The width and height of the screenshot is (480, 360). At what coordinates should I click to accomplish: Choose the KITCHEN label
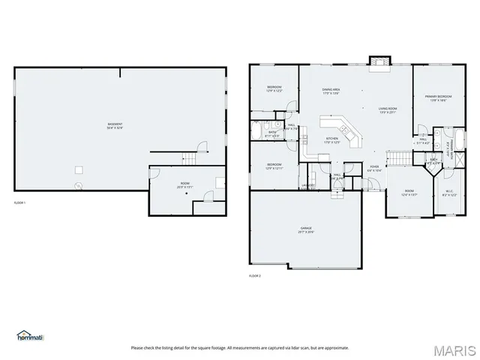pyautogui.click(x=331, y=139)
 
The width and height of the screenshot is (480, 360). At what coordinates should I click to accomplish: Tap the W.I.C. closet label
pyautogui.click(x=449, y=193)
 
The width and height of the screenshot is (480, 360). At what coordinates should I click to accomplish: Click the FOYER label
pyautogui.click(x=374, y=168)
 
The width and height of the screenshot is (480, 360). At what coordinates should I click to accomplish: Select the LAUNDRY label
pyautogui.click(x=307, y=184)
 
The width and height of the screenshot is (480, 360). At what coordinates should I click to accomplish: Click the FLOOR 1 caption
pyautogui.click(x=20, y=203)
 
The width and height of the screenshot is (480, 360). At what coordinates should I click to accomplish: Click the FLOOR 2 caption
pyautogui.click(x=255, y=276)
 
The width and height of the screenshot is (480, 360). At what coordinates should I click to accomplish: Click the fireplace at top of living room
pyautogui.click(x=379, y=61)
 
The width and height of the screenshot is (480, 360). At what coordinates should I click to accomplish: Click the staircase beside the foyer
pyautogui.click(x=397, y=158)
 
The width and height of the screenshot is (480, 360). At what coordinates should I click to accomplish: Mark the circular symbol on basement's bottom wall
pyautogui.click(x=76, y=185)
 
